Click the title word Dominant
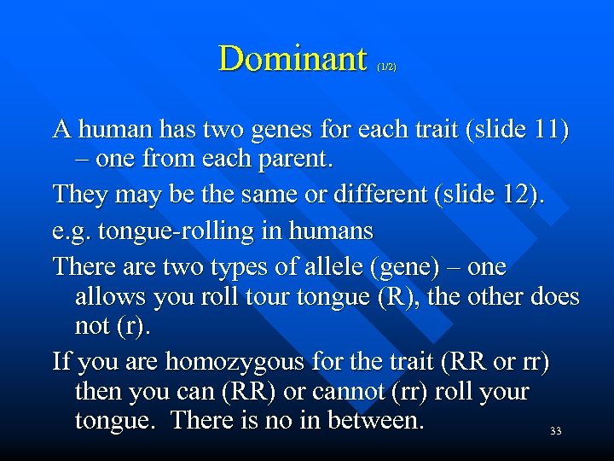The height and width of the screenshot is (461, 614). (293, 58)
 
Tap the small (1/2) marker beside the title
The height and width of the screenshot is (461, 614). (385, 66)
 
